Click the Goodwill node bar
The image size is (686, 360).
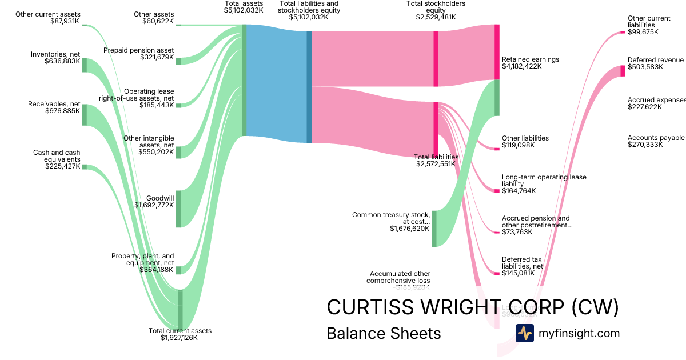click(x=178, y=209)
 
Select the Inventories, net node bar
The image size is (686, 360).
click(x=84, y=65)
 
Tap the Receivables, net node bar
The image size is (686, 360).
click(x=84, y=114)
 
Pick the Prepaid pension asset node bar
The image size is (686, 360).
click(x=178, y=61)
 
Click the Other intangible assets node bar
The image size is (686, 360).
click(x=178, y=151)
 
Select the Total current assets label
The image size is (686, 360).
click(x=180, y=331)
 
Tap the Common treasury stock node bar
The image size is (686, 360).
click(x=434, y=229)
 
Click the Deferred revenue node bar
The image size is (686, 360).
click(x=623, y=71)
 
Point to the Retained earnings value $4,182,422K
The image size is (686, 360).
click(x=521, y=66)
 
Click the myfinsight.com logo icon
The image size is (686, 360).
click(x=524, y=333)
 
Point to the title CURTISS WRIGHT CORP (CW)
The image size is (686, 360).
click(x=472, y=307)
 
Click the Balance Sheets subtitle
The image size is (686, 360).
click(x=384, y=333)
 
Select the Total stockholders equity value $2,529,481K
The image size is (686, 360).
click(x=436, y=17)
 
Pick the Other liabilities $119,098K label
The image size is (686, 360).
click(x=525, y=142)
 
